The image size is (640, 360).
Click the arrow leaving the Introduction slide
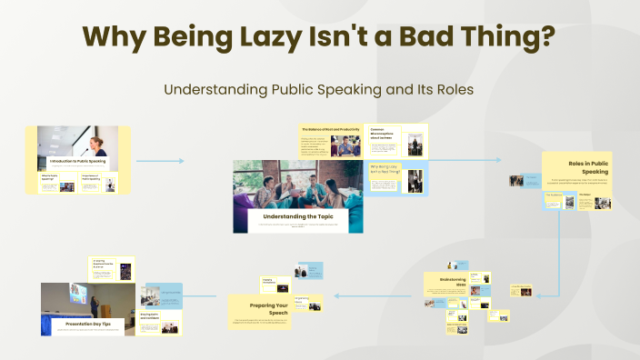click(159, 161)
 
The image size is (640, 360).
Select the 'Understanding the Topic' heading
click(297, 216)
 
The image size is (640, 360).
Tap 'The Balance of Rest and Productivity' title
click(331, 129)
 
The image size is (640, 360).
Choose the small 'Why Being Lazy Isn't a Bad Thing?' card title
click(385, 170)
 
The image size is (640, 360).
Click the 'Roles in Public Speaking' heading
click(588, 165)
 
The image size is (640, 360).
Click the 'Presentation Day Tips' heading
click(87, 322)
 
